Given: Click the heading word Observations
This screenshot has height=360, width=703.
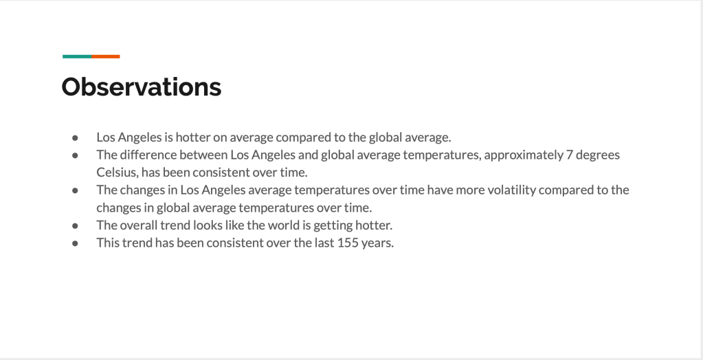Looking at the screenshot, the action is click(x=142, y=87).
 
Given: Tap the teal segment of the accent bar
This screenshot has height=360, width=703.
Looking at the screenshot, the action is click(x=77, y=56).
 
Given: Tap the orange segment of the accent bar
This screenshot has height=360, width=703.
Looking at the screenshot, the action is click(x=106, y=56).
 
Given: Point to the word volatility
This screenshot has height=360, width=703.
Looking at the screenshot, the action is click(x=511, y=190).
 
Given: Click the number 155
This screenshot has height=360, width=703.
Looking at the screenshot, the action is click(x=348, y=243).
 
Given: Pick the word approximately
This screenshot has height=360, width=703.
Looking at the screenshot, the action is click(x=524, y=155).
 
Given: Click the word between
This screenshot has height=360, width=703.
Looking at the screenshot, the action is click(x=203, y=155).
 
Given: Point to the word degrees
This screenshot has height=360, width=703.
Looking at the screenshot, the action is click(x=598, y=155).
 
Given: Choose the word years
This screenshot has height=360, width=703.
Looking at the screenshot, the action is click(x=377, y=243).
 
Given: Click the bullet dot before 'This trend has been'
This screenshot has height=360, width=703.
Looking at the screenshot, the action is click(x=75, y=243).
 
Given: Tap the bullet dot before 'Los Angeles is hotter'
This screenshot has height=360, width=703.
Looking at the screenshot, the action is click(x=75, y=137).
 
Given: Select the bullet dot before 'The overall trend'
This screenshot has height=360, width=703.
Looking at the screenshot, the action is click(x=75, y=226).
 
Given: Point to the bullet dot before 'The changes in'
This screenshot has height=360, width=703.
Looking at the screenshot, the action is click(x=75, y=190).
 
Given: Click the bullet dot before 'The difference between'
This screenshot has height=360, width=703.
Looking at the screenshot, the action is click(x=75, y=155).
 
